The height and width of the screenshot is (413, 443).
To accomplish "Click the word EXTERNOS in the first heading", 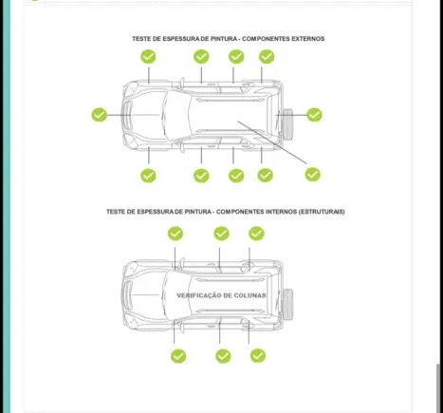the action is coord(307,39).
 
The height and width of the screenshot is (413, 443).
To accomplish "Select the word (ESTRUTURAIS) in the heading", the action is coord(322,212).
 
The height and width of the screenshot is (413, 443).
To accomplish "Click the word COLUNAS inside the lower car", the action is coord(250,295).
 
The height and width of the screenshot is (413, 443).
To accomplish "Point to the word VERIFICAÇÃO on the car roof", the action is coord(198,295).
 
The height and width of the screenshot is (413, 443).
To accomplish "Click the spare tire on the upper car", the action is coord(287,124).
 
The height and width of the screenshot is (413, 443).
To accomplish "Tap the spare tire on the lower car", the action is coord(287,305).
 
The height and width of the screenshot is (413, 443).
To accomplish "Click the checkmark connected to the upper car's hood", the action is coord(99,115).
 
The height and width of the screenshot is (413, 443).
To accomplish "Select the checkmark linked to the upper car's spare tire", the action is coord(314,115).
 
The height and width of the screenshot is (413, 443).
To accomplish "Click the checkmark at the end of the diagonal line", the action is coord(313,175).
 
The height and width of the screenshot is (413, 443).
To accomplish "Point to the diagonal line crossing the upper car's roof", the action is coord(272,142).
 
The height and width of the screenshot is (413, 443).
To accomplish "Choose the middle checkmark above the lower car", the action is coord(221,234).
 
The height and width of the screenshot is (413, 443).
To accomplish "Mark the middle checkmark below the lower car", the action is coord(223,356).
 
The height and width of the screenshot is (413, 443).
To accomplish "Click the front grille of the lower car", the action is coord(127,295).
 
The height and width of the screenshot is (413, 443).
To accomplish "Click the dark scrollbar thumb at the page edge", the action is coord(438,388).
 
